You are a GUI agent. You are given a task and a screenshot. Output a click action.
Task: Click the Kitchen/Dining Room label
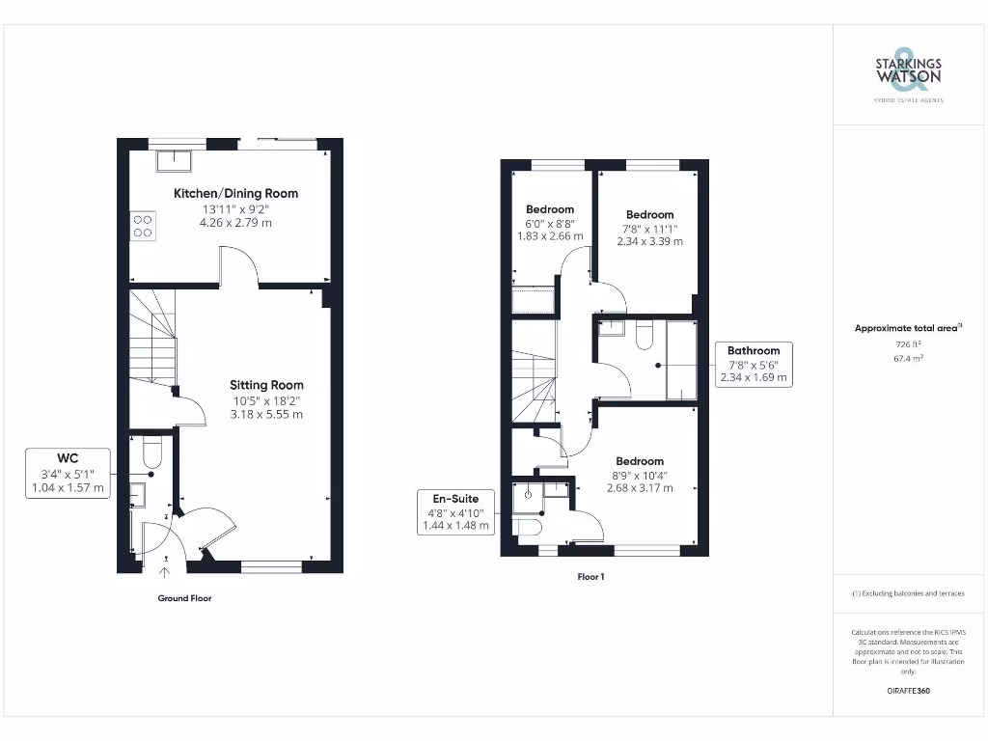pos(235,193)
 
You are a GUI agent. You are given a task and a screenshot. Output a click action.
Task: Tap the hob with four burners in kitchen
pos(143,225)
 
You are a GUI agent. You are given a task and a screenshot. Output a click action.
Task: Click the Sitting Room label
pos(266,385)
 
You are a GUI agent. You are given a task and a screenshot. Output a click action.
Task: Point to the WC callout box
pos(68,473)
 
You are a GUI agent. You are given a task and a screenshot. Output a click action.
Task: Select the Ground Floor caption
pos(184,598)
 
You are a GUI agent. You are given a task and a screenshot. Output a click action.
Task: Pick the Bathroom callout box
pos(754,365)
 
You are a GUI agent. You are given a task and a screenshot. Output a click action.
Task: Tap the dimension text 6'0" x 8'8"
pos(550,223)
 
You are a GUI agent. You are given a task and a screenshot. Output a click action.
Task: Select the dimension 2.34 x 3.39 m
pos(649,241)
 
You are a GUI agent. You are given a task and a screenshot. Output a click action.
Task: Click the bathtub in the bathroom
pos(681,360)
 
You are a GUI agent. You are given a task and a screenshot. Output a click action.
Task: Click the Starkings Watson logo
pos(908,73)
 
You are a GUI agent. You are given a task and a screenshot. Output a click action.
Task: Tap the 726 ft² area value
pos(908,344)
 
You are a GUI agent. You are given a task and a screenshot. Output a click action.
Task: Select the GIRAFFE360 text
pos(908,691)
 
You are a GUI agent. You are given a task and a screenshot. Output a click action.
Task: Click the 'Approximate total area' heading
pos(907,328)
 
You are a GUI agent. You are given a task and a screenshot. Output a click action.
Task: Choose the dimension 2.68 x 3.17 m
pos(640,488)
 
